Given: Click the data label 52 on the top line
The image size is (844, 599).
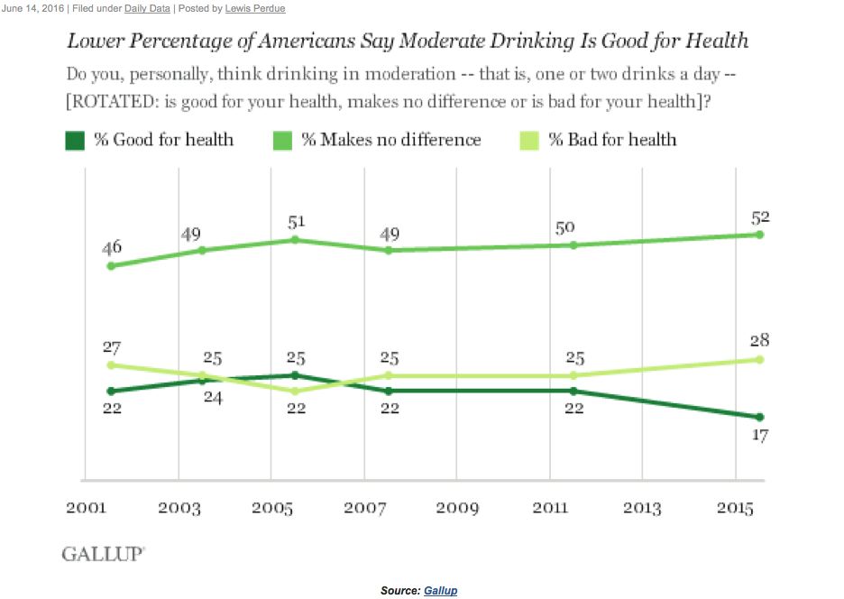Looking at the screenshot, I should click(758, 217).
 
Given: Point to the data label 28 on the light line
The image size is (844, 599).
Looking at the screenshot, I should click(758, 340).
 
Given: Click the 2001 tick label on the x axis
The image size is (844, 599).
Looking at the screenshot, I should click(87, 509).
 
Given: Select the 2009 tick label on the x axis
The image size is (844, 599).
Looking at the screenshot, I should click(457, 509).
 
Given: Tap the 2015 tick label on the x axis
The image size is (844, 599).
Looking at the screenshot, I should click(736, 509).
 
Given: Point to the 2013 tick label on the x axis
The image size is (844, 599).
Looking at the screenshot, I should click(643, 509).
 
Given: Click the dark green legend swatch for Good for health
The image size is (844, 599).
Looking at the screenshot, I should click(75, 140).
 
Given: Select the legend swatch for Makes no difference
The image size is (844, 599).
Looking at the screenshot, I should click(282, 140).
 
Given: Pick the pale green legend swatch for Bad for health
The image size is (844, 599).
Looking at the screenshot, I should click(529, 140).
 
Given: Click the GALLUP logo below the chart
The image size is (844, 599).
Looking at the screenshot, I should click(102, 554).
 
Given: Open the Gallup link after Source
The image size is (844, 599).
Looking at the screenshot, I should click(441, 591).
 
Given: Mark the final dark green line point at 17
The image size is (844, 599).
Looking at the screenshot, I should click(759, 417).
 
